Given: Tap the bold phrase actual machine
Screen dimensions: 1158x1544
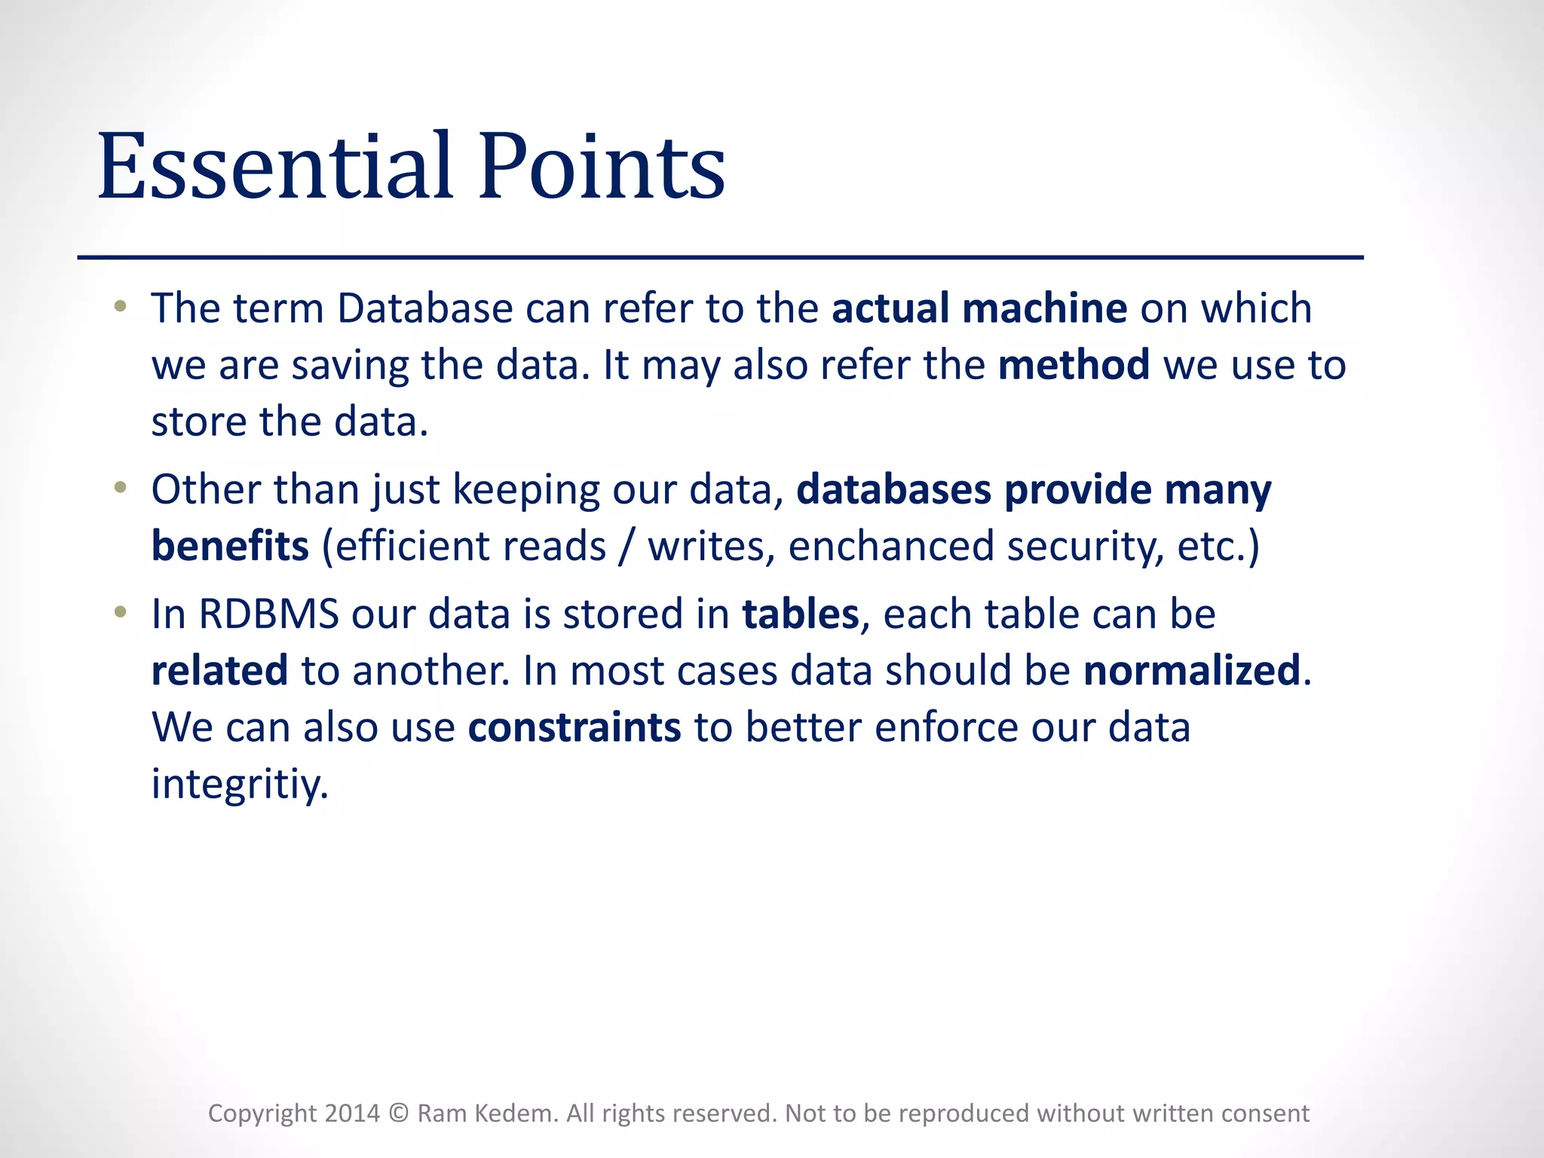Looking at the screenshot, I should click(x=979, y=308).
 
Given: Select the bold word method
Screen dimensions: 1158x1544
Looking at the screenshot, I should click(x=1074, y=365).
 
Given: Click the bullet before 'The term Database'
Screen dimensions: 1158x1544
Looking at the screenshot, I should click(x=120, y=307).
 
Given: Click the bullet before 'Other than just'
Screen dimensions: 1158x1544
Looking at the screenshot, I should click(x=120, y=488).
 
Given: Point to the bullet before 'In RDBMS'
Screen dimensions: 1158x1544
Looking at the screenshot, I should click(x=120, y=612).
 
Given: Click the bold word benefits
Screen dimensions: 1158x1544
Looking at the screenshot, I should click(x=230, y=546).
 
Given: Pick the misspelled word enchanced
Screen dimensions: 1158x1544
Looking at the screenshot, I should click(x=891, y=546).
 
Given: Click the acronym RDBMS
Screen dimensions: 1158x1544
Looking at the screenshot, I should click(x=268, y=614).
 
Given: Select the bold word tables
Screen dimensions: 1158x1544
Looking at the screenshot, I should click(x=800, y=614).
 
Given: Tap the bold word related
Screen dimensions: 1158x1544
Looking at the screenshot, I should click(x=219, y=670).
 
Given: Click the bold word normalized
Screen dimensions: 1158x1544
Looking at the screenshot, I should click(x=1192, y=670).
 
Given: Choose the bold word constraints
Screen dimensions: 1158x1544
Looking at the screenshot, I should click(x=574, y=727).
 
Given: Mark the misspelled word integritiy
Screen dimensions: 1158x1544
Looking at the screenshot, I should click(x=239, y=784).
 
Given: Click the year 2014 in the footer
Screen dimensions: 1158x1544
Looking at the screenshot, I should click(x=351, y=1114).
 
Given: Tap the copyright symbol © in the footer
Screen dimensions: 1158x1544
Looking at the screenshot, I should click(x=399, y=1114).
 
